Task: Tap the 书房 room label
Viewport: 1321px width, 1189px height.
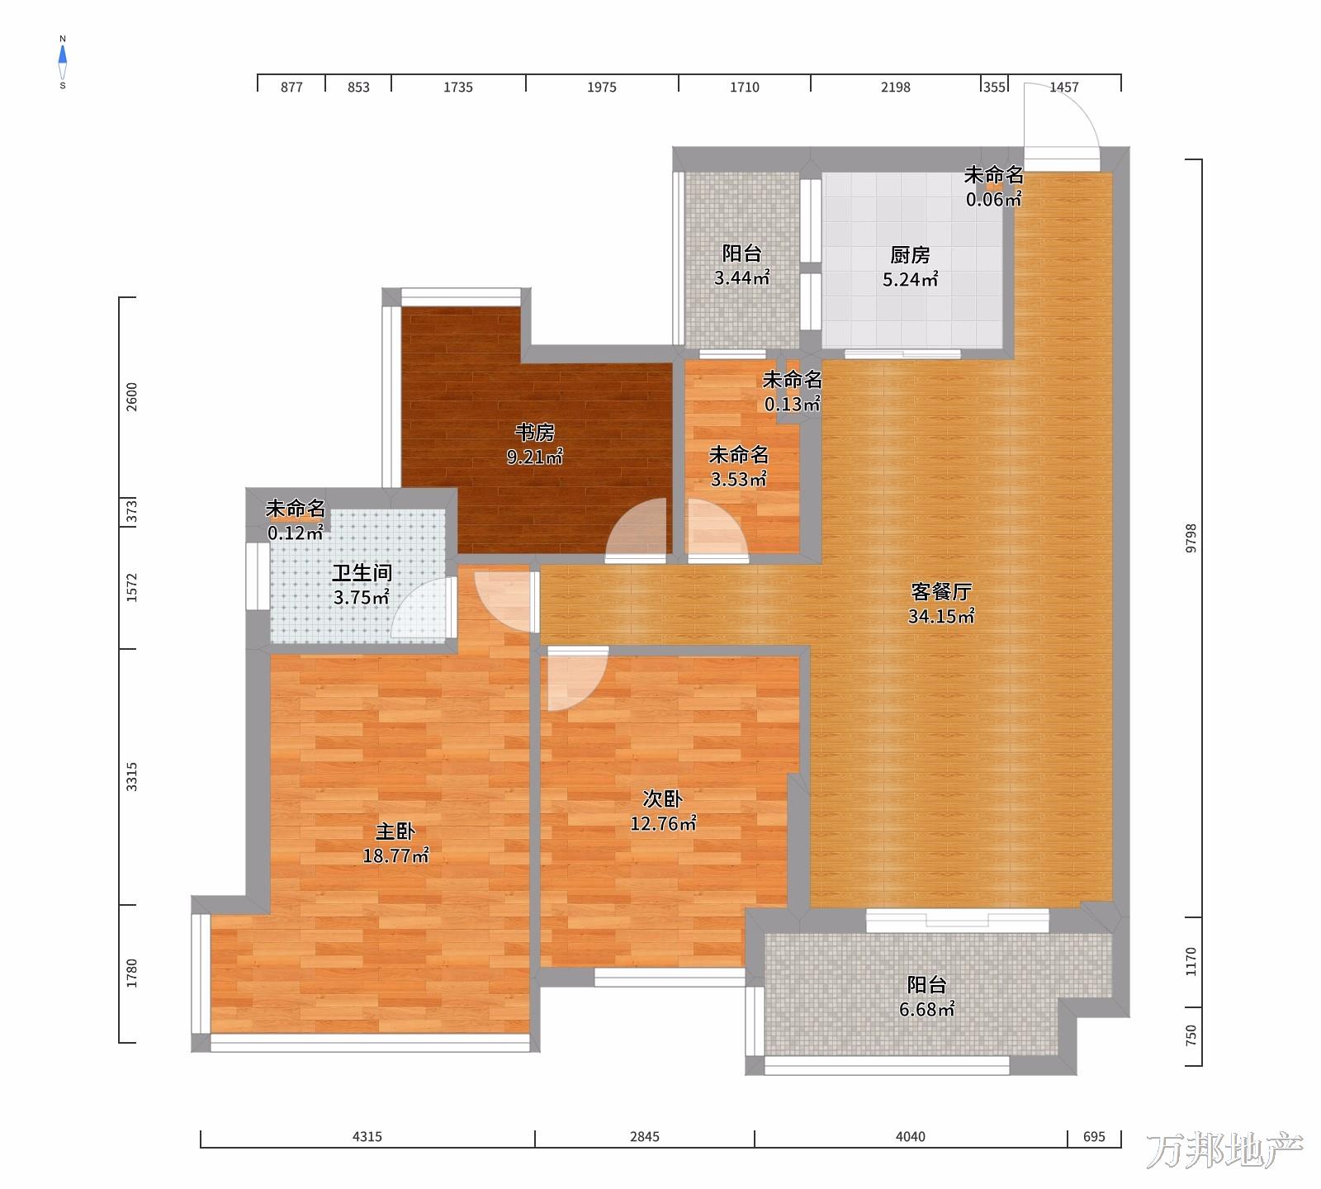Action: (x=535, y=432)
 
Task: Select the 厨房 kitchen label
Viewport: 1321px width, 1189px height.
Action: (x=910, y=255)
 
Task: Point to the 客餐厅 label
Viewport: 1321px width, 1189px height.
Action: (x=941, y=591)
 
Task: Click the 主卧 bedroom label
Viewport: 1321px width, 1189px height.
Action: (x=395, y=831)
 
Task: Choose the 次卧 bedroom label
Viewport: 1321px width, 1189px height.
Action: (x=663, y=798)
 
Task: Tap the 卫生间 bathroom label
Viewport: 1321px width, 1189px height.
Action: (x=362, y=572)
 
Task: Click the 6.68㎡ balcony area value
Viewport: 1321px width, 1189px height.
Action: (x=927, y=1009)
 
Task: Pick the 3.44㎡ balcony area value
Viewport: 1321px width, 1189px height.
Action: (x=742, y=277)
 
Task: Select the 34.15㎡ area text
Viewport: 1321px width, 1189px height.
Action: (x=941, y=616)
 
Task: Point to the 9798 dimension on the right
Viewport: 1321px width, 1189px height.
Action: (x=1191, y=538)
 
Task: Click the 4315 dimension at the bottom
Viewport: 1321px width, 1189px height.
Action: (x=367, y=1137)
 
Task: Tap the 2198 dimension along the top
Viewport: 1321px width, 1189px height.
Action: (x=896, y=87)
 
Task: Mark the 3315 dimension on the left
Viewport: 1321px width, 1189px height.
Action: (x=132, y=777)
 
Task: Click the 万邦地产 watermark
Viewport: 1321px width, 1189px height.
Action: (x=1224, y=1151)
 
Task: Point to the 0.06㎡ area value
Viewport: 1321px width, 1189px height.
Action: (x=994, y=199)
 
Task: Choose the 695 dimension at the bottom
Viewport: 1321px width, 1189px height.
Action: (x=1094, y=1137)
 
